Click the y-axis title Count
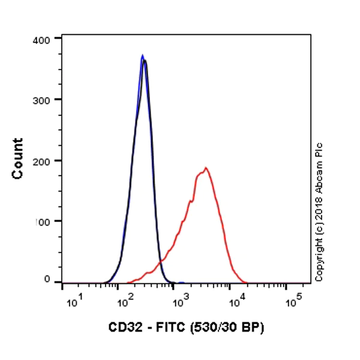[x=18, y=158]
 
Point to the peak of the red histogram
[x=206, y=168]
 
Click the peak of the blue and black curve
[x=143, y=57]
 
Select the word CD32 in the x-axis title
[x=124, y=328]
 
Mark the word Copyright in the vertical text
[x=319, y=256]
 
